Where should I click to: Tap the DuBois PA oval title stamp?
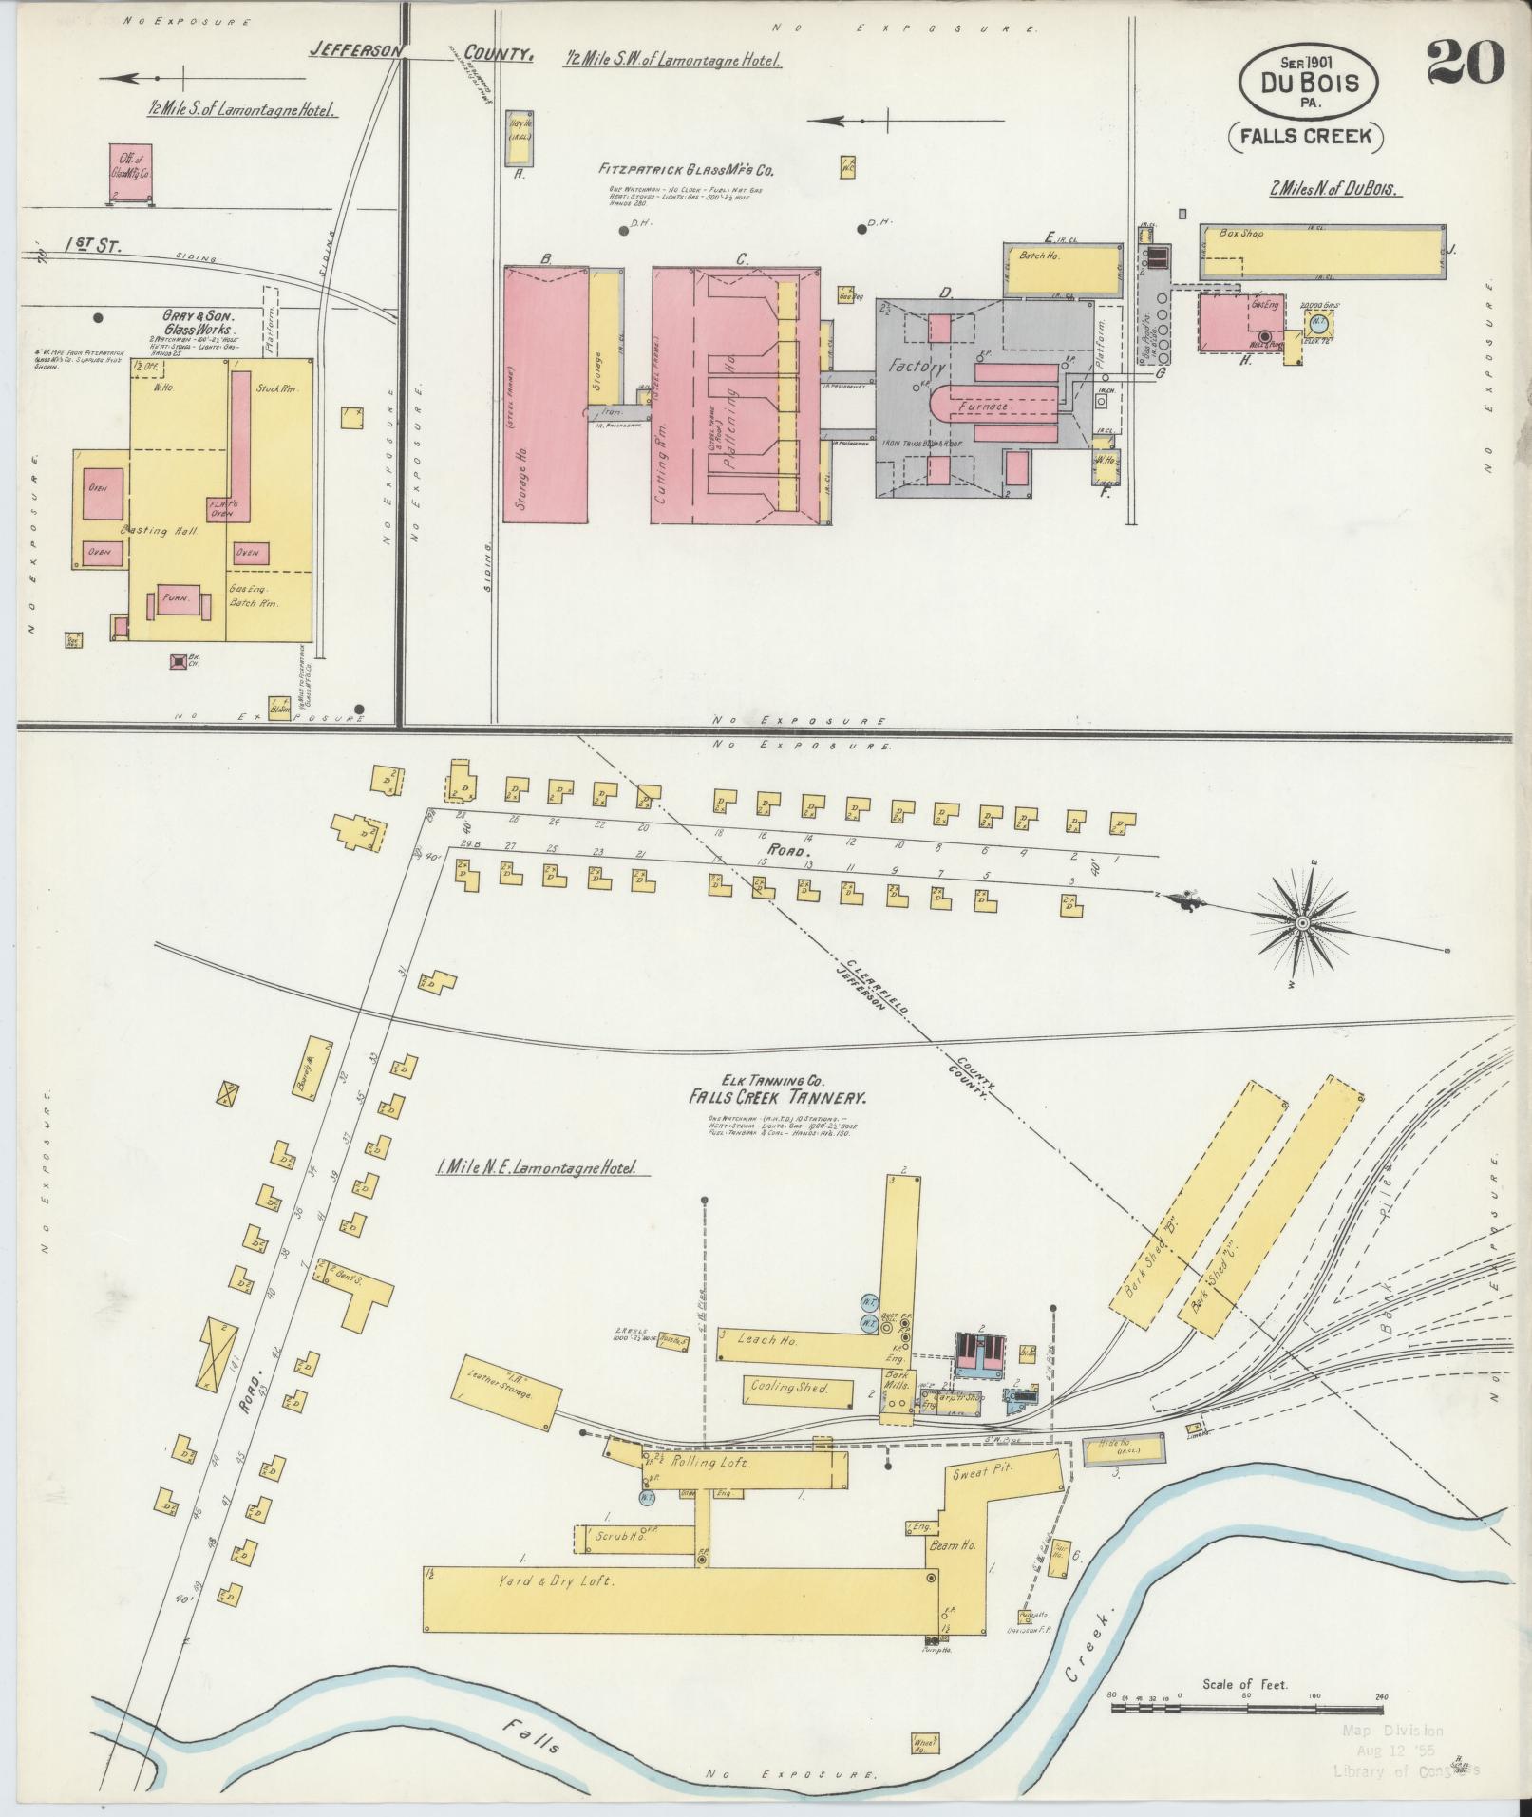[1308, 84]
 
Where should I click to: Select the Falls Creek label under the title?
[1305, 136]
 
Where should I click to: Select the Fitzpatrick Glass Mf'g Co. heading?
[686, 171]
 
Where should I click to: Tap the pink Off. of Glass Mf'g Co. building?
[131, 172]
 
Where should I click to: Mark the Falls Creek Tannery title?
[778, 1098]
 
